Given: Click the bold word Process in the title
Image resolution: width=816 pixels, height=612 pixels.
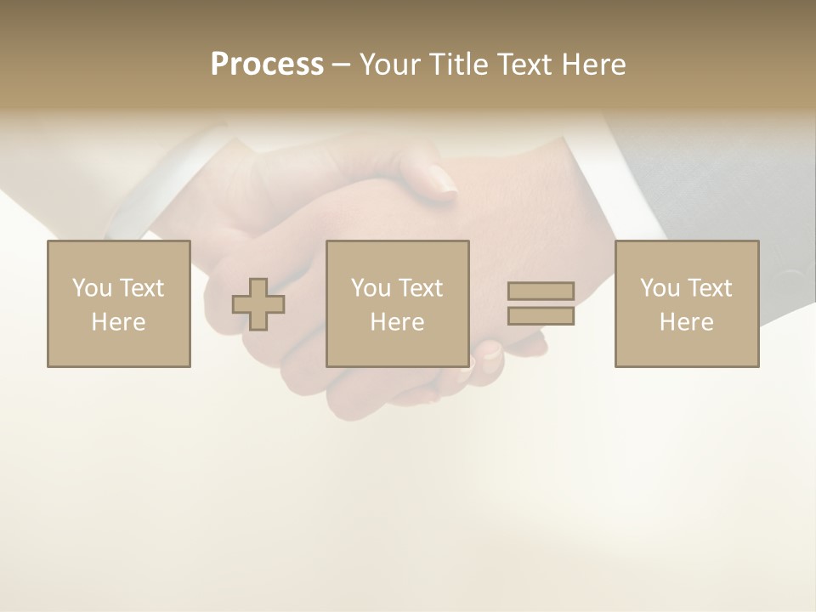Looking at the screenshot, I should (x=267, y=65).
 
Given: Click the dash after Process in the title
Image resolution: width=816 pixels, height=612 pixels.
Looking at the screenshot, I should (x=340, y=65).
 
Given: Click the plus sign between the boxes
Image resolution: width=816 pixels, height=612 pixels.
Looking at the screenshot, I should (x=258, y=304).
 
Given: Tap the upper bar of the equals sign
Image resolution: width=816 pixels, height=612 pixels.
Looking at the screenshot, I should (x=541, y=291).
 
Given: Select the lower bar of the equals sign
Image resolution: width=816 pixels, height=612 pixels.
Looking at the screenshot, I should (x=541, y=316).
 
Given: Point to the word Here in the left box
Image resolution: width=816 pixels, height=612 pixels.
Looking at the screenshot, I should (x=118, y=322).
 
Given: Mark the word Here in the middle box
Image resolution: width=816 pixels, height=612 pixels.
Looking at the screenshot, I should (x=397, y=322).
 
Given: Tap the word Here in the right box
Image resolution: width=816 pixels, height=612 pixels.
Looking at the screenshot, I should (x=686, y=322).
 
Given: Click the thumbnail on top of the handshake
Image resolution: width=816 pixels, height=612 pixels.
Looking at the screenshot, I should (x=442, y=180).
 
